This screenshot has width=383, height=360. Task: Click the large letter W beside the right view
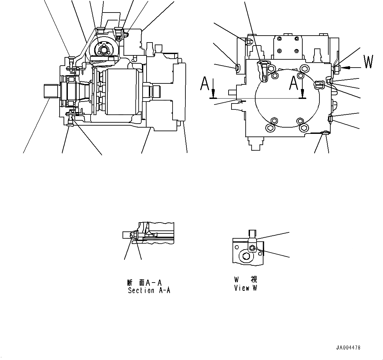tap(368, 62)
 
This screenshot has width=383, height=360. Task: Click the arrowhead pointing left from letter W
tap(343, 67)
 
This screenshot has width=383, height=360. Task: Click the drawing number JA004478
tap(348, 347)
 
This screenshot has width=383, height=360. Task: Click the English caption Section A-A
tap(149, 290)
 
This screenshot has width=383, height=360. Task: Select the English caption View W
tap(245, 288)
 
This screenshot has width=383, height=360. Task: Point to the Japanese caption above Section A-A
tap(144, 283)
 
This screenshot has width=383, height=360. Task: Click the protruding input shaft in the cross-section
tap(51, 91)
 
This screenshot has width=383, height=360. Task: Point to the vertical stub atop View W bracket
tap(252, 233)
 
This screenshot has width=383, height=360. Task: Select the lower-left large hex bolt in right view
tap(270, 128)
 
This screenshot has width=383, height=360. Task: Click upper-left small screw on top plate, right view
tap(280, 39)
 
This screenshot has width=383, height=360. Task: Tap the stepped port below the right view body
tap(258, 143)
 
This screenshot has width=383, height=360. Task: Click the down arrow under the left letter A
tap(213, 94)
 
